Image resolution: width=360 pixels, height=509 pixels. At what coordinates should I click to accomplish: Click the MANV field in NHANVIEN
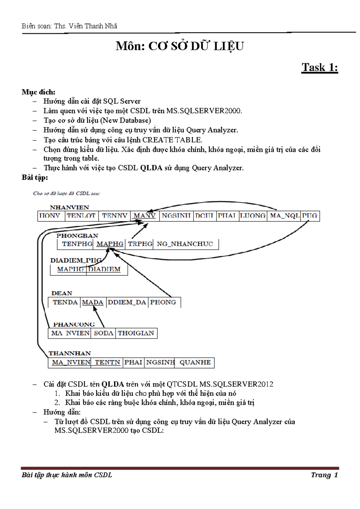pos(145,216)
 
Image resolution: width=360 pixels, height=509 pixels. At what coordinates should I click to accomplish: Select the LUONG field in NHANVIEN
pos(253,216)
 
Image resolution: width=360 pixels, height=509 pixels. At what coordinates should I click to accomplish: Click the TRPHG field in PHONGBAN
pos(140,244)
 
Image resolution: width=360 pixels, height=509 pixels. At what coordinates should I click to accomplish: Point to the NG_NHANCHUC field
pos(185,244)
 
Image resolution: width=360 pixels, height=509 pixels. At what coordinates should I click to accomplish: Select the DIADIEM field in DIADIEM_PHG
pos(104,270)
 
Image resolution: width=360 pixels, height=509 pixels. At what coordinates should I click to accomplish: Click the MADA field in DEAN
pos(93,302)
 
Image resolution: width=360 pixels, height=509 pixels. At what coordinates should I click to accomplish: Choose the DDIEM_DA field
pos(127,302)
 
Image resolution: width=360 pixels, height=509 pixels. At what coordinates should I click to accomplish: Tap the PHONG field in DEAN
pos(163,302)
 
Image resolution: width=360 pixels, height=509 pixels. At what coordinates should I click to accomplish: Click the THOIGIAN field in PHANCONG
pos(136,333)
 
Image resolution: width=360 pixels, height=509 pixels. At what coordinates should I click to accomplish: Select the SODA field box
pos(103,333)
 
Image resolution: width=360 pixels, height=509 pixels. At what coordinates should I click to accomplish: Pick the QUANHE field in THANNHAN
pos(195,363)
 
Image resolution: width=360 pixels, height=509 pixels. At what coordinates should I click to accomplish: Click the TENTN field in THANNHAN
pos(107,363)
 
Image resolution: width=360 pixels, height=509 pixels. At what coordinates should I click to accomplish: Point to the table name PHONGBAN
pos(77,236)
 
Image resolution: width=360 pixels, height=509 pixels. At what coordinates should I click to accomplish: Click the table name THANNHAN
pos(70,353)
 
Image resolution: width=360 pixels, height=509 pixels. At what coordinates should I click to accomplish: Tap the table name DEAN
pos(62,293)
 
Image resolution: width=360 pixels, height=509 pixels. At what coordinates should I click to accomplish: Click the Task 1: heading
pos(320,68)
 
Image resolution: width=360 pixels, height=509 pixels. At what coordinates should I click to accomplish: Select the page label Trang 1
pos(324,475)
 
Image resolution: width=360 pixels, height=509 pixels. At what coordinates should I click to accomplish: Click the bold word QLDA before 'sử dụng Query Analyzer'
pos(151,168)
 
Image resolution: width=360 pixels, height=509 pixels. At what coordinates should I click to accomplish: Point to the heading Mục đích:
pos(38,92)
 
